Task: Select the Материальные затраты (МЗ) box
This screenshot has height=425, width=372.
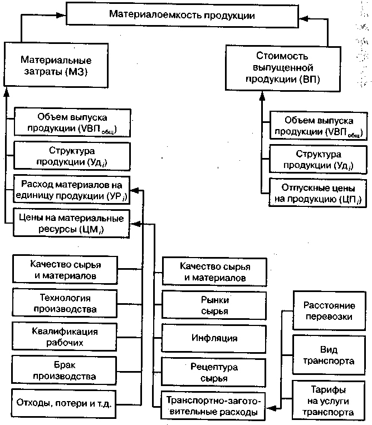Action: [x=56, y=65]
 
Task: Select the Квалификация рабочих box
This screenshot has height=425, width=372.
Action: [x=65, y=337]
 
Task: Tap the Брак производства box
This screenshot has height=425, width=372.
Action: [x=65, y=371]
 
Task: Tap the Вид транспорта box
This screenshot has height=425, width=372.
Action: [x=329, y=354]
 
